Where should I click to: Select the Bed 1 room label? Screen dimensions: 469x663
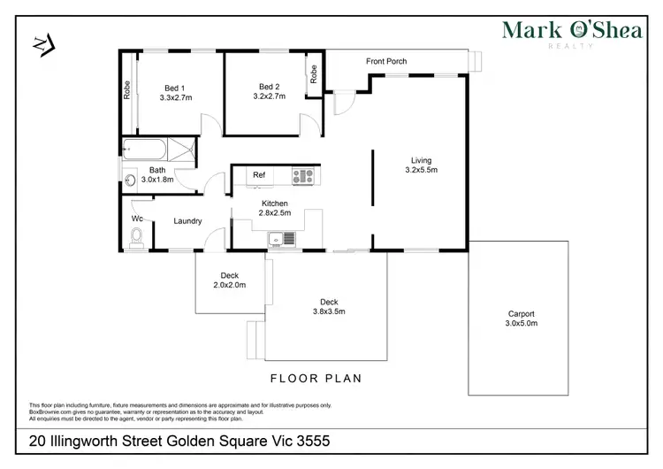[x=174, y=88]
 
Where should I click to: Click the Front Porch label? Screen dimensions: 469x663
[x=386, y=61]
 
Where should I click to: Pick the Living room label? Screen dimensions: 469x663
[x=422, y=160]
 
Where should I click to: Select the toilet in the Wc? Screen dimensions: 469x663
[x=136, y=236]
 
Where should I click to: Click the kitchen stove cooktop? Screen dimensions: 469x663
[x=303, y=175]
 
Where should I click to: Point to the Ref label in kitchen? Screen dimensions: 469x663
[x=259, y=175]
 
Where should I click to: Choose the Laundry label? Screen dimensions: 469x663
[x=187, y=221]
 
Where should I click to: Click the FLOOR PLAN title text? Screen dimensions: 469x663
[x=316, y=378]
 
